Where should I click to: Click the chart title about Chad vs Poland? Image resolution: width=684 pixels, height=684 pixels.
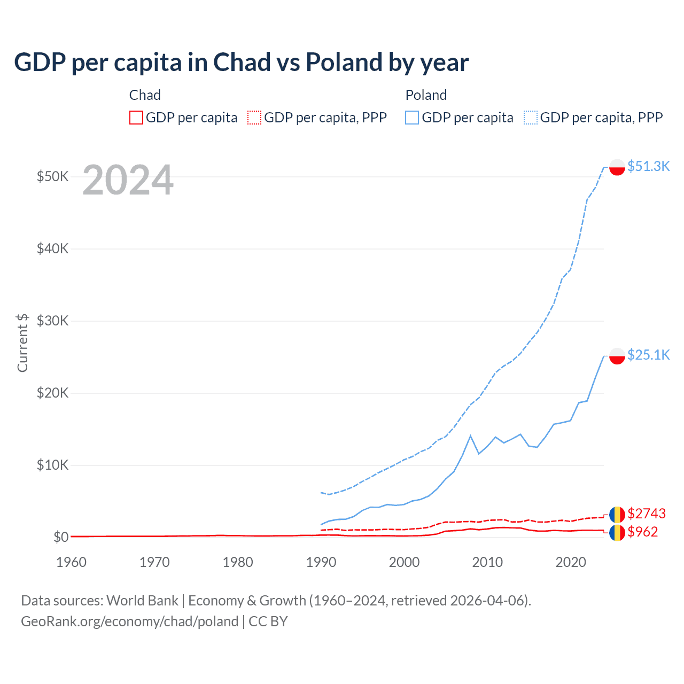pyautogui.click(x=241, y=63)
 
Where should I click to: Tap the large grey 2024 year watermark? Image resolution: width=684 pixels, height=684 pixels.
pyautogui.click(x=128, y=181)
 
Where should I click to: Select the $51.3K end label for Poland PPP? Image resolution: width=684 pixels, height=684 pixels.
pyautogui.click(x=648, y=166)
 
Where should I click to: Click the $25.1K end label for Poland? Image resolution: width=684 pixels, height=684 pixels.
pyautogui.click(x=648, y=355)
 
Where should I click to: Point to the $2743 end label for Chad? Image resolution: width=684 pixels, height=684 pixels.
pyautogui.click(x=646, y=514)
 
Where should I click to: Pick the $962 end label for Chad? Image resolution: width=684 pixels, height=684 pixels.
pyautogui.click(x=642, y=532)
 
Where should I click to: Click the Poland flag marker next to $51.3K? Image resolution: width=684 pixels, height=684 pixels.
pyautogui.click(x=617, y=167)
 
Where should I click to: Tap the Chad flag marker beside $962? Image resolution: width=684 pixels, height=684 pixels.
pyautogui.click(x=617, y=533)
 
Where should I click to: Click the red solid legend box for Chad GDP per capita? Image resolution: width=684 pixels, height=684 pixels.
pyautogui.click(x=136, y=118)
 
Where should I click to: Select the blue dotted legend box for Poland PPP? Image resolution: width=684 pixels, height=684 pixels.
pyautogui.click(x=531, y=118)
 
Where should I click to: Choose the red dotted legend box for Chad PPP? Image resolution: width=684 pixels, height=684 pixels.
pyautogui.click(x=254, y=118)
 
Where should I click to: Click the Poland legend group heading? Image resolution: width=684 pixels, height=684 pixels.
pyautogui.click(x=426, y=95)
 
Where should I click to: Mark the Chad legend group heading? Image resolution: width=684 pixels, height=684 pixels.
pyautogui.click(x=145, y=95)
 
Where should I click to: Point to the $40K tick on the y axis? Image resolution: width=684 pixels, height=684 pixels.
pyautogui.click(x=52, y=248)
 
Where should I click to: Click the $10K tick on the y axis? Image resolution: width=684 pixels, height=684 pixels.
pyautogui.click(x=52, y=465)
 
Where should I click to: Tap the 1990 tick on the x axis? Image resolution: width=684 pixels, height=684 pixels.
pyautogui.click(x=321, y=562)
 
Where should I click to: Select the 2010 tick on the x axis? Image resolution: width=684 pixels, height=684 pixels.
pyautogui.click(x=487, y=562)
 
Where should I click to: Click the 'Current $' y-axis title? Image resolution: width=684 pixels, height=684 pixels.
pyautogui.click(x=22, y=343)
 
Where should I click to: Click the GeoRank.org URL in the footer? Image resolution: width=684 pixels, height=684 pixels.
pyautogui.click(x=129, y=621)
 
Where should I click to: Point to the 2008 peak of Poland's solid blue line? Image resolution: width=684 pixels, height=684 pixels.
pyautogui.click(x=470, y=436)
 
